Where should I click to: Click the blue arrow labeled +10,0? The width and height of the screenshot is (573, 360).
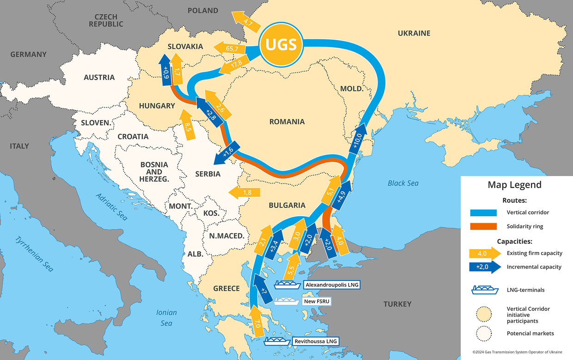pos(360,139)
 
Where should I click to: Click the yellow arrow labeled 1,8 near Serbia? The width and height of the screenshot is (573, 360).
pos(245,192)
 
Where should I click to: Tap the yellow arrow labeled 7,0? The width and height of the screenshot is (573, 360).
pos(257,321)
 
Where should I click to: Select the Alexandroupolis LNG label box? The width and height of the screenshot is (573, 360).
pos(332,285)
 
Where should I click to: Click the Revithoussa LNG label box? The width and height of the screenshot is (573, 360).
pos(316,342)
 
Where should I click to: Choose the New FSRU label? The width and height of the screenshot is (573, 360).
pos(316,301)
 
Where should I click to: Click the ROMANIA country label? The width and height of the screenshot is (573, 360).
pos(287,122)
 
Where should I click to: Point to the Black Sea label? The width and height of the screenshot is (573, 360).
pos(403,183)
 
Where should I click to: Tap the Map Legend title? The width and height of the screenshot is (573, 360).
pos(514,185)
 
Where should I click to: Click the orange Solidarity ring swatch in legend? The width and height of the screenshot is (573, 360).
pos(483,226)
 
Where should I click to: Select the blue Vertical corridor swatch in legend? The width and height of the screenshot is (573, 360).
pos(483,213)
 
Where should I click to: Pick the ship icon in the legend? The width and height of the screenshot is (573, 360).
pos(485,290)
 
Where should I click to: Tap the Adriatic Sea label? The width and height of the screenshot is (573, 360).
pos(111,206)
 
